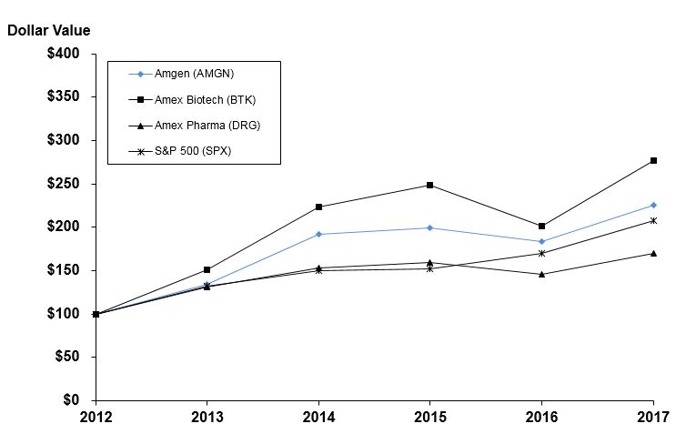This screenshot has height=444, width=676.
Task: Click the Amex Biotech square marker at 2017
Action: pos(653,161)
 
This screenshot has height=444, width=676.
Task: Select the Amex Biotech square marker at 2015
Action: pos(430,185)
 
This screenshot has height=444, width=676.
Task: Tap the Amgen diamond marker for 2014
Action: pos(318,234)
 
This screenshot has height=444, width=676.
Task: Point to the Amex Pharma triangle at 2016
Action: pos(542,274)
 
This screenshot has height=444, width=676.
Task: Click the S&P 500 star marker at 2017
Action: pos(653,220)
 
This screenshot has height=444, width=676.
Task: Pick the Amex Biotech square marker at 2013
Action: pos(207,269)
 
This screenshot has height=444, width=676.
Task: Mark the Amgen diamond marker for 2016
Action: pos(542,242)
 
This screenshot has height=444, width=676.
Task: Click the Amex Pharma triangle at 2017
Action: pos(653,253)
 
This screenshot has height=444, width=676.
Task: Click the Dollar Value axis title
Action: pos(49,29)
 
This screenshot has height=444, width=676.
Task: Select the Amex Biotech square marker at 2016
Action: pos(542,226)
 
